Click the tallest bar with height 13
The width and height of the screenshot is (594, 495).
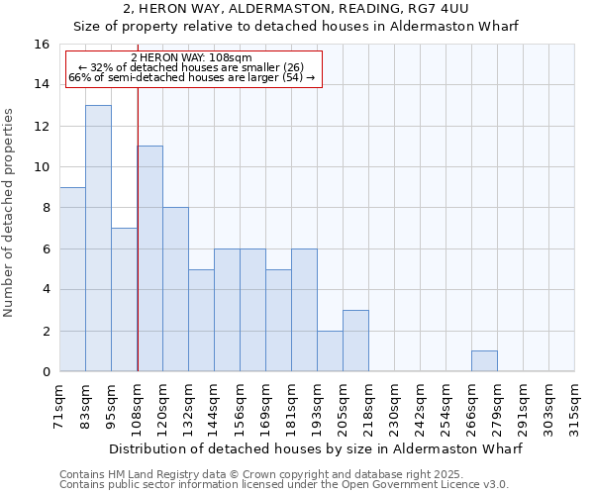[x=98, y=238]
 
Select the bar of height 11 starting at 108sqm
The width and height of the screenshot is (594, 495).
[x=149, y=258]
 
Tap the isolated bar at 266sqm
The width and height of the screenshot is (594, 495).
[x=484, y=361]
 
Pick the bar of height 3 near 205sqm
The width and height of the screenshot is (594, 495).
[x=355, y=341]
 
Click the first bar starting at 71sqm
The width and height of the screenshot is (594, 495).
[x=72, y=279]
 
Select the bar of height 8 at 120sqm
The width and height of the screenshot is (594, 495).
[x=175, y=289]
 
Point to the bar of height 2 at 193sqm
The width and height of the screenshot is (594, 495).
[x=330, y=351]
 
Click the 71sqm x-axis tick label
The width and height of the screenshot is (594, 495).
[x=60, y=406]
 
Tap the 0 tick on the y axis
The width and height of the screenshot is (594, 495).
[x=46, y=372]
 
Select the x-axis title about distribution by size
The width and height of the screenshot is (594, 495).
[x=316, y=448]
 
